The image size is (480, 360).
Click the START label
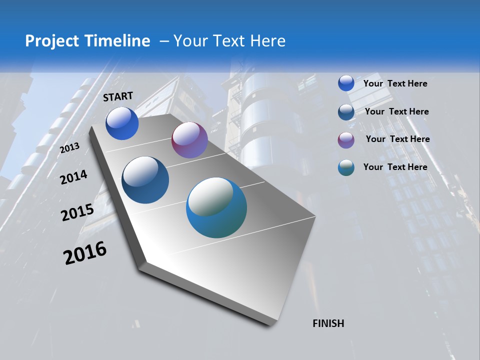point(118,96)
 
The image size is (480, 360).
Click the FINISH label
point(328,323)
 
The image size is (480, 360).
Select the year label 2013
point(70,148)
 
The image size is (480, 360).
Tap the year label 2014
point(73,177)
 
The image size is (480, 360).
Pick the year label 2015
point(77,213)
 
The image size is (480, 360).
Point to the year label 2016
point(85,253)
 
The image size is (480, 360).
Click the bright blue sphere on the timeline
point(122,123)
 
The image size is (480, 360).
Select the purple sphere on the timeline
point(189,140)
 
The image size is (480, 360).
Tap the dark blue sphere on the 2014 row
point(145,180)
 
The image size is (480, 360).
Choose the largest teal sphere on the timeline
point(216,207)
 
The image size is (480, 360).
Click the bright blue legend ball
point(346,83)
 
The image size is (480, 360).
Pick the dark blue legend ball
point(346,112)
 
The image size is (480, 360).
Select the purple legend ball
point(346,140)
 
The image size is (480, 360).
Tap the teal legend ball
point(346,167)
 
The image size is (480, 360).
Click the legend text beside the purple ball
point(397,139)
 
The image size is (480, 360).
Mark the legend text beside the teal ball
point(395,167)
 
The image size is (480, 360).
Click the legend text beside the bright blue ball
point(395,83)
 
